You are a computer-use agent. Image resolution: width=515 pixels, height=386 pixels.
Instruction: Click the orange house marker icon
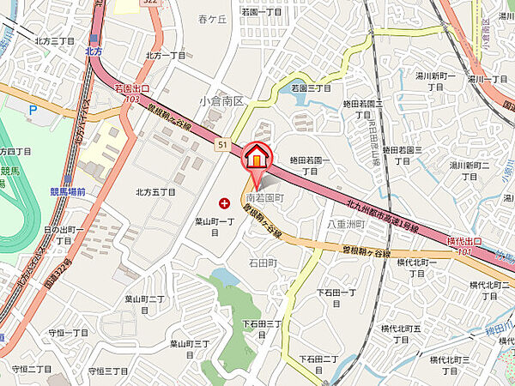coord(257,159)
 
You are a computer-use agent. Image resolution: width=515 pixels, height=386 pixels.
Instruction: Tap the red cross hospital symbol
coord(225,203)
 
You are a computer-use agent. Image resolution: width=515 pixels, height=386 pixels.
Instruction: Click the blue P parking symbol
coord(33,110)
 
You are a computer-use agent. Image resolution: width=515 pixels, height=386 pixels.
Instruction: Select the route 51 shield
coord(221,146)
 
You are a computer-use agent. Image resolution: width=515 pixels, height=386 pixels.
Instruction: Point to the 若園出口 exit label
coord(132,88)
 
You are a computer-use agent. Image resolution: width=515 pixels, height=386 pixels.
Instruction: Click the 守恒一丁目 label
coord(68,333)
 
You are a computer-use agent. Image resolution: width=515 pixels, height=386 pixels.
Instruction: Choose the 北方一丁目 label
coord(166,55)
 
